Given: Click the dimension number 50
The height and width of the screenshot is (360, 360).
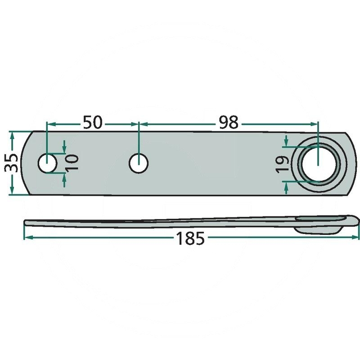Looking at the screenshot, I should pyautogui.click(x=92, y=122).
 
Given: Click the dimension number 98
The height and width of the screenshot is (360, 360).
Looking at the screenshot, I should pyautogui.click(x=229, y=122).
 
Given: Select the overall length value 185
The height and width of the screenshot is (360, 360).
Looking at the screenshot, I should pyautogui.click(x=190, y=238).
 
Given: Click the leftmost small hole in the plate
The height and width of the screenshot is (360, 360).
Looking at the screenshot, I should pyautogui.click(x=47, y=163).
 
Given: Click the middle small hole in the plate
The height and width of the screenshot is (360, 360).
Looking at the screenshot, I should pyautogui.click(x=139, y=163).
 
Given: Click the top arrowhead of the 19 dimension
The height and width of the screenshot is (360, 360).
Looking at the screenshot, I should pyautogui.click(x=285, y=144).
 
